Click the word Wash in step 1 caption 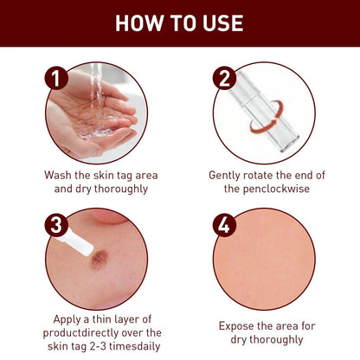[59, 175]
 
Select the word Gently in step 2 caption [227, 175]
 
